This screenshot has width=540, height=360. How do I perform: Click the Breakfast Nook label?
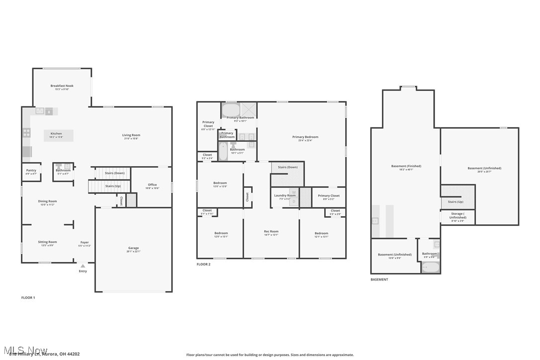click(x=62, y=86)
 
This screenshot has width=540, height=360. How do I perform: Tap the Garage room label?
click(x=133, y=248)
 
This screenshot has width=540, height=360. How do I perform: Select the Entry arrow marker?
click(x=83, y=266)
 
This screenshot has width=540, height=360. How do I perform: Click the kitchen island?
click(x=58, y=135)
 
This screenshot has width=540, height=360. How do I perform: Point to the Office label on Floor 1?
click(x=152, y=185)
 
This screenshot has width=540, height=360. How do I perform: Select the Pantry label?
click(x=31, y=171)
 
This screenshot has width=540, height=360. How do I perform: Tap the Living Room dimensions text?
click(x=131, y=139)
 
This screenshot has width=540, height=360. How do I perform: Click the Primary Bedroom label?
click(x=305, y=137)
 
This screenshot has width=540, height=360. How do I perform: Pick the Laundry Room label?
click(x=284, y=195)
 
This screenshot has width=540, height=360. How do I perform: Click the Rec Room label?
click(x=270, y=231)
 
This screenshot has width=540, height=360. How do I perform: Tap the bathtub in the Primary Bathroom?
click(x=230, y=110)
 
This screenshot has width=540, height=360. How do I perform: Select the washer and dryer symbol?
click(x=293, y=197)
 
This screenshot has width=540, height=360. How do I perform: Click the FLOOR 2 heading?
click(x=203, y=265)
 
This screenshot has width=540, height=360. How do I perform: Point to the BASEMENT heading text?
click(x=379, y=279)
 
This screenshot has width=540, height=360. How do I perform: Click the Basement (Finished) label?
click(x=406, y=166)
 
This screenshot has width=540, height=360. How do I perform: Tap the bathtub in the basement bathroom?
click(x=431, y=268)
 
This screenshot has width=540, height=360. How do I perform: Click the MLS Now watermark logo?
click(x=25, y=350)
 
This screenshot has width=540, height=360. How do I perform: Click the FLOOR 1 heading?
click(x=28, y=297)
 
